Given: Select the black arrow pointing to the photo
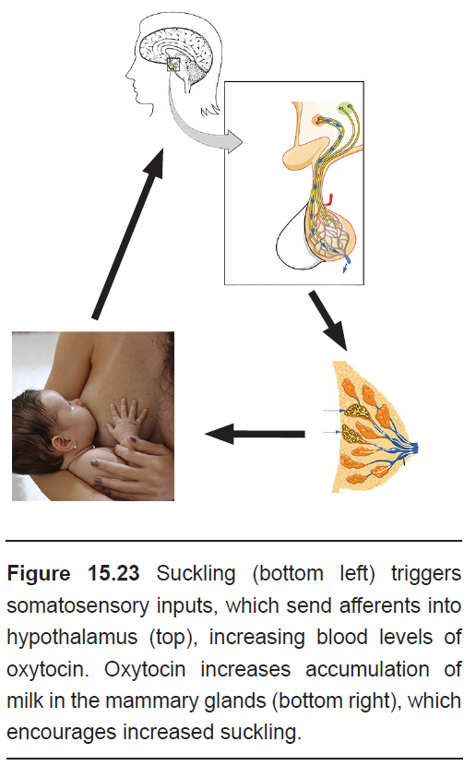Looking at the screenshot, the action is click(x=255, y=434).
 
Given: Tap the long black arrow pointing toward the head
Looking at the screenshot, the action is click(x=129, y=233).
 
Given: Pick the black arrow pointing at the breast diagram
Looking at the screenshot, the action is click(x=328, y=320).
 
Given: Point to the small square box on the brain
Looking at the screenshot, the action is click(x=173, y=64).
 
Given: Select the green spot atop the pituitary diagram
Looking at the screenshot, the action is click(x=346, y=107).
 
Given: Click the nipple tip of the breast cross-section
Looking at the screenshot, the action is click(x=416, y=448).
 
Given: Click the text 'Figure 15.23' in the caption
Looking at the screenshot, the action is click(x=73, y=573).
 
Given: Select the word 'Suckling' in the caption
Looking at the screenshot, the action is click(x=196, y=573).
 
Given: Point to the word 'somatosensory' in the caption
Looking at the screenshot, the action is click(x=77, y=605).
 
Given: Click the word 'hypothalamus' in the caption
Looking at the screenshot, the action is click(x=72, y=638).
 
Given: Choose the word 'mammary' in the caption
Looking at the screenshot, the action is click(x=152, y=701).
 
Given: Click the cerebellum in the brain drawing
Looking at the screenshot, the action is click(x=196, y=73).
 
